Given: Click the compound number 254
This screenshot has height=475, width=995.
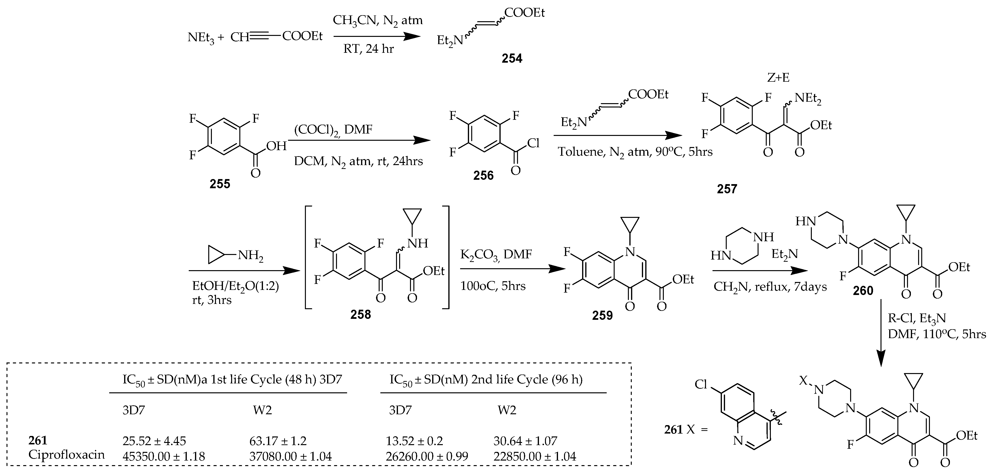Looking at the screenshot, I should [511, 58].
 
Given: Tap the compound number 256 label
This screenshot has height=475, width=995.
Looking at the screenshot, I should [483, 176].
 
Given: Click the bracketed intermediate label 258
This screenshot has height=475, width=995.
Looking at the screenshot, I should [360, 315].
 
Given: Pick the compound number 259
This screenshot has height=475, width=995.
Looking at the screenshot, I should [602, 315].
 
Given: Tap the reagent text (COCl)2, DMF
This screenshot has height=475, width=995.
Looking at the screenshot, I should [333, 130].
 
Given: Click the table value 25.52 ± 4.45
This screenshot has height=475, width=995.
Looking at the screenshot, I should [154, 441].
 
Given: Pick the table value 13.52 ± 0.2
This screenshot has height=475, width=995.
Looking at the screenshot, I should [414, 441].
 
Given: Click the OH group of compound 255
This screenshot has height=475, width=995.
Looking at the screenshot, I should [276, 146].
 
